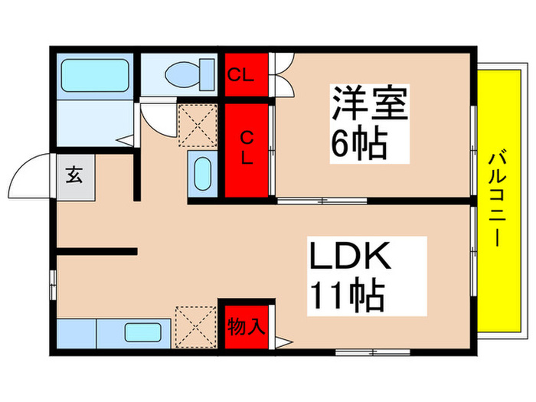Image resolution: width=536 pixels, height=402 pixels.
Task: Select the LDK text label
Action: pos(350,257)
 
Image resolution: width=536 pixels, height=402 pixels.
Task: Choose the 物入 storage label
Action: pos(246,326)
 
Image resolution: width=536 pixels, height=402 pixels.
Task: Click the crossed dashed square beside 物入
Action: pos(196,326)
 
